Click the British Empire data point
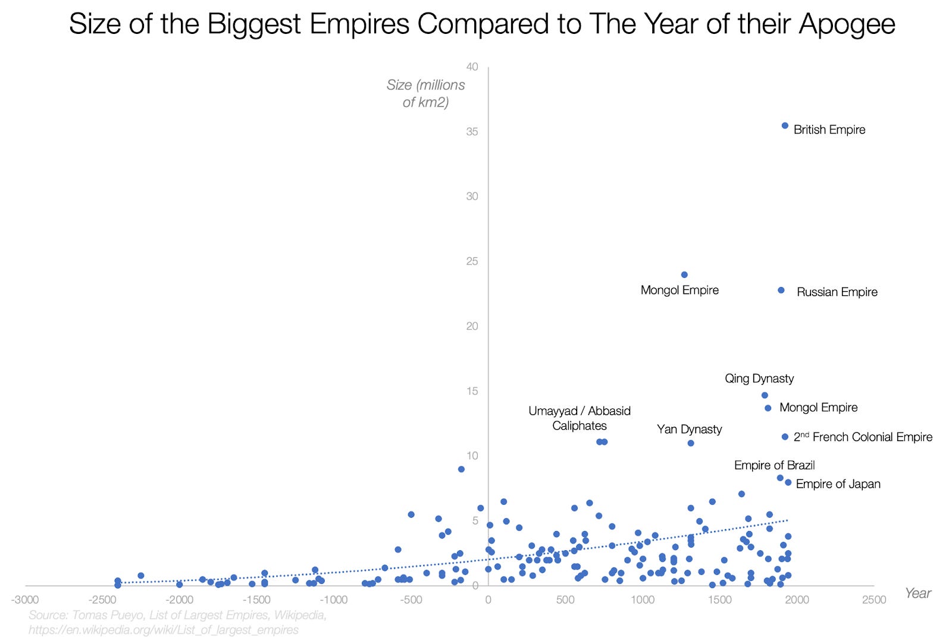pyautogui.click(x=785, y=126)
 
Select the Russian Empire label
pyautogui.click(x=837, y=292)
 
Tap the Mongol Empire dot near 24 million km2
pyautogui.click(x=684, y=275)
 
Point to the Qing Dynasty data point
pyautogui.click(x=765, y=395)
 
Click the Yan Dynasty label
pyautogui.click(x=689, y=429)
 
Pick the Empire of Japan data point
pyautogui.click(x=788, y=483)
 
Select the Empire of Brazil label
pyautogui.click(x=774, y=465)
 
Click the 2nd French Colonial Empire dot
pyautogui.click(x=785, y=437)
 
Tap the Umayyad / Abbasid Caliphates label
pyautogui.click(x=579, y=418)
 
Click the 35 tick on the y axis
pyautogui.click(x=472, y=132)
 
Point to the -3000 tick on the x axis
pyautogui.click(x=25, y=599)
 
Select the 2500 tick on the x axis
pyautogui.click(x=874, y=599)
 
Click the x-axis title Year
pyautogui.click(x=917, y=593)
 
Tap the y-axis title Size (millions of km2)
pyautogui.click(x=425, y=93)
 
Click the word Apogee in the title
pyautogui.click(x=847, y=24)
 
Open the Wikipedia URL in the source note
pyautogui.click(x=164, y=629)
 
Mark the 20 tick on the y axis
pyautogui.click(x=472, y=326)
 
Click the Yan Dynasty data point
pyautogui.click(x=691, y=443)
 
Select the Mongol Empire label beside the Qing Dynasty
pyautogui.click(x=818, y=408)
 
